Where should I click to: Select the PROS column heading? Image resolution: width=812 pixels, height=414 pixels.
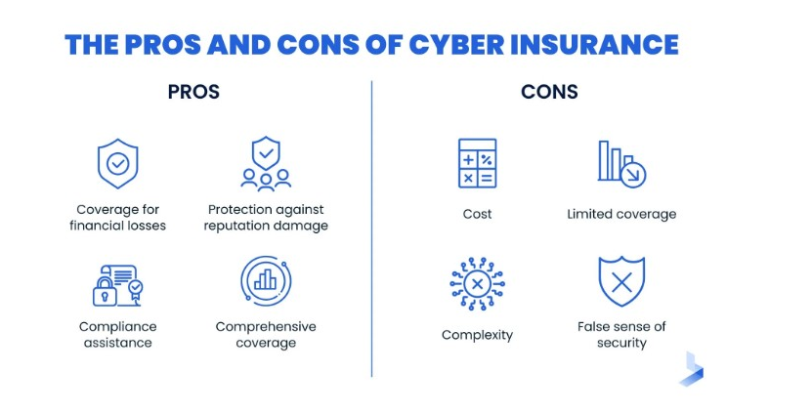(x=193, y=93)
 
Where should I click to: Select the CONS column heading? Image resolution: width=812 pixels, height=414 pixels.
(x=550, y=93)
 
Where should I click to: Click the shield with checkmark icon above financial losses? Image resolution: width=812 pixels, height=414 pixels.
(x=117, y=163)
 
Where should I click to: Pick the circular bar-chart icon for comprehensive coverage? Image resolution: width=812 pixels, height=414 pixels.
(x=266, y=281)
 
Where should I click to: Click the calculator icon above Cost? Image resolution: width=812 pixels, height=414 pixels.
(x=477, y=163)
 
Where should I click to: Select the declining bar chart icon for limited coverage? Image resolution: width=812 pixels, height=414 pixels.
(x=621, y=163)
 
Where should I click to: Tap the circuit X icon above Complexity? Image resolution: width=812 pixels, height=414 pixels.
(x=477, y=284)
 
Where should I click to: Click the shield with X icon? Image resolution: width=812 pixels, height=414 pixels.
(x=621, y=282)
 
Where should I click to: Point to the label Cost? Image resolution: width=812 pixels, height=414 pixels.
(x=477, y=214)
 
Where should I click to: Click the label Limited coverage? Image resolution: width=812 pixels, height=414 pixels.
(x=621, y=214)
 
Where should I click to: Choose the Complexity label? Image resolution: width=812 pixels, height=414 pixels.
(x=477, y=335)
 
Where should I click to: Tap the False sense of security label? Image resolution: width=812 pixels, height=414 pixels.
(x=621, y=335)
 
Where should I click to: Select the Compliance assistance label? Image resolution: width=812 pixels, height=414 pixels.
(x=117, y=335)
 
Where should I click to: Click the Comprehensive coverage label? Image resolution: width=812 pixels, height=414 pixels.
(x=266, y=335)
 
